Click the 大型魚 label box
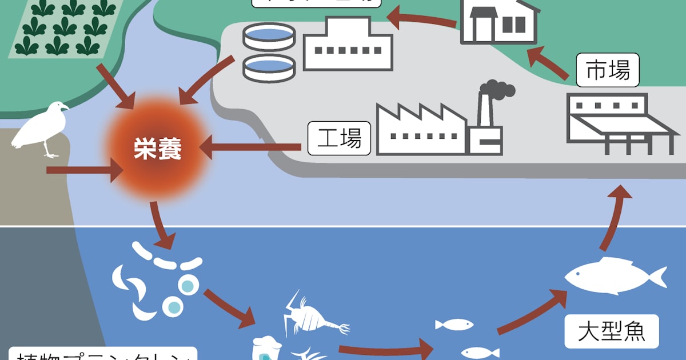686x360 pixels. point(611,332)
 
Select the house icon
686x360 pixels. point(498,22)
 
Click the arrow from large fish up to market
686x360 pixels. point(612,217)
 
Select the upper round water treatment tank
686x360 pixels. point(269,36)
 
